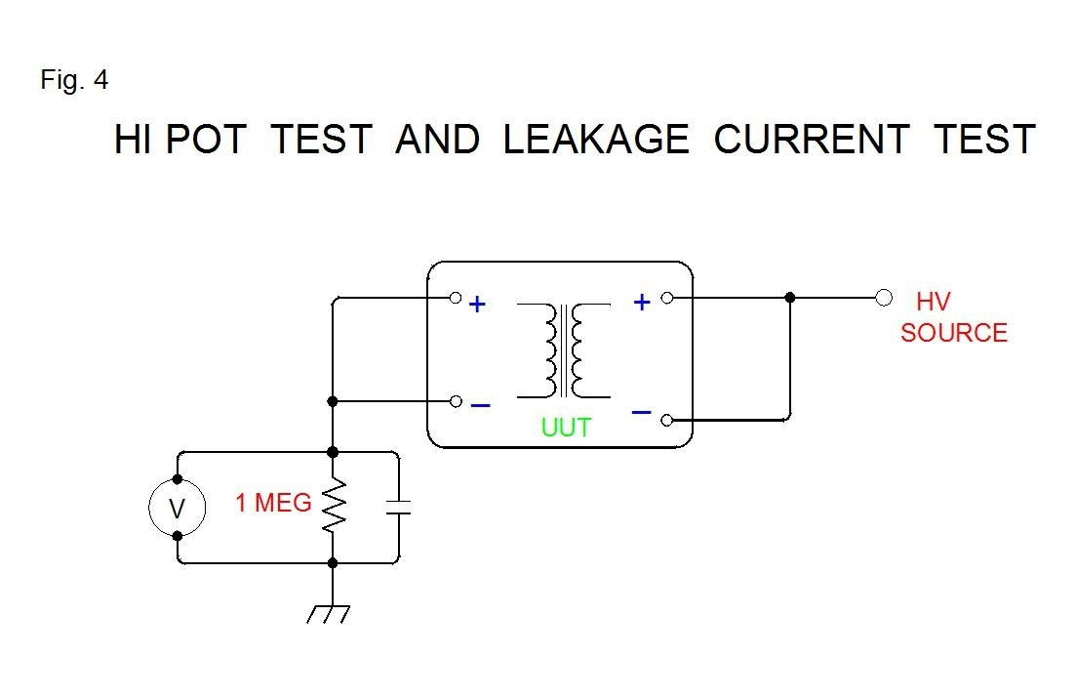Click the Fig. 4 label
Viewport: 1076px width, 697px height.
(74, 81)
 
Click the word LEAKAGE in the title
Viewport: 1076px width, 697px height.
(595, 140)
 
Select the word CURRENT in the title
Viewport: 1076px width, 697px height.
(812, 140)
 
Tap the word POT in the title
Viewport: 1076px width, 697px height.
(205, 140)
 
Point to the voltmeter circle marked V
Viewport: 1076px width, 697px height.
(177, 508)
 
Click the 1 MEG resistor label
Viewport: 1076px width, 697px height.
(273, 504)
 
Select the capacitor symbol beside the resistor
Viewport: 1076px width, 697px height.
(398, 508)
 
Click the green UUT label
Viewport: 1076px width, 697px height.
(566, 427)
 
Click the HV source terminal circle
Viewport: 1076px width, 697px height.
(884, 297)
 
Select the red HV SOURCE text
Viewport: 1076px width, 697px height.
(953, 318)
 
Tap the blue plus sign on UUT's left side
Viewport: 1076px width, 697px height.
(477, 305)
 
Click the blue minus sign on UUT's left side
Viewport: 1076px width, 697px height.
(480, 404)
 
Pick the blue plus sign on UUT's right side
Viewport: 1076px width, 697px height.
(642, 303)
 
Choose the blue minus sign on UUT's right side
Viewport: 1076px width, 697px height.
(641, 413)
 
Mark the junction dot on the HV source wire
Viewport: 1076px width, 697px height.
(790, 297)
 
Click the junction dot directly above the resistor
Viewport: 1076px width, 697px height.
(333, 452)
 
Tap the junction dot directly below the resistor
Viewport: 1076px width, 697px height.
(333, 563)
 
